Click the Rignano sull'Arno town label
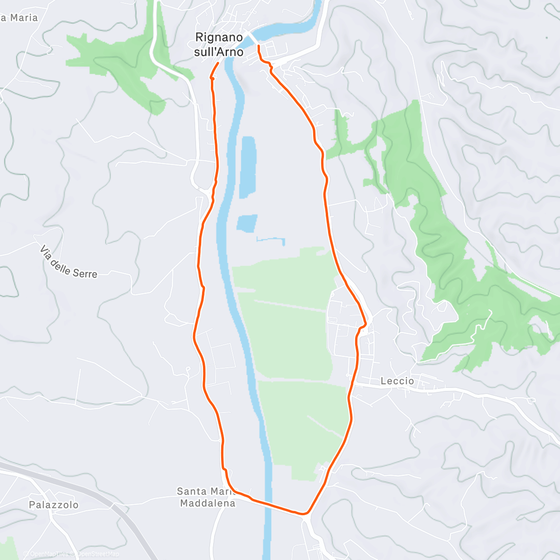coord(218,44)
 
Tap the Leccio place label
coord(397,381)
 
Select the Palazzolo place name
coord(54,505)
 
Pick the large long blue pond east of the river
coord(247,167)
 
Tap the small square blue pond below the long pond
coord(247,223)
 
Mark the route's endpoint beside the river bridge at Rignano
coord(259,45)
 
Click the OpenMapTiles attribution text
coord(49,554)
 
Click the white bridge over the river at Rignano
coord(252,37)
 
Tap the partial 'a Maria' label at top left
coord(19,18)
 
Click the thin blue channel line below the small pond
coord(271,239)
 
